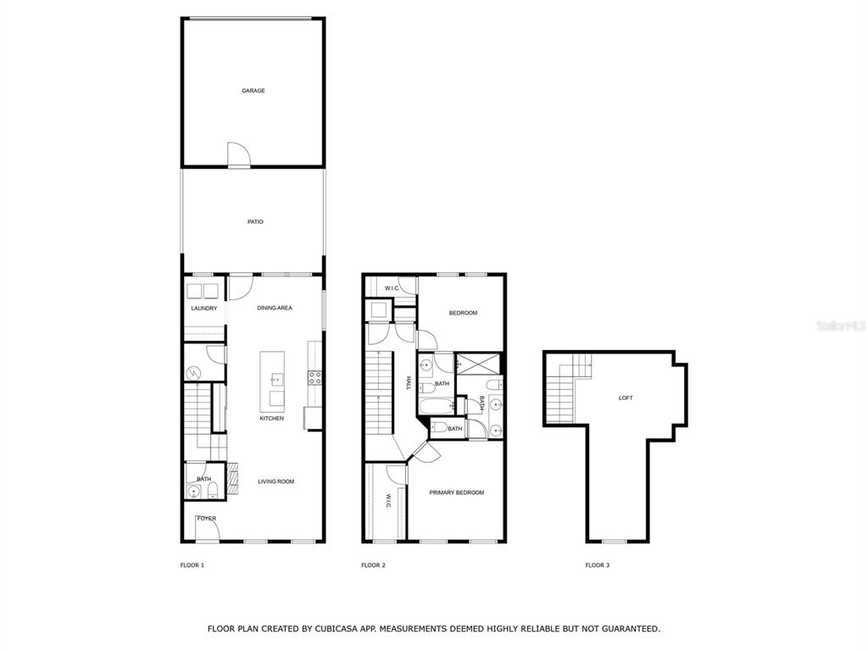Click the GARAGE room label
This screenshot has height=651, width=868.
point(253,91)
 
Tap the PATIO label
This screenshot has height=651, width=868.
point(255,222)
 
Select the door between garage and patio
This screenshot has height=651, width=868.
point(238,154)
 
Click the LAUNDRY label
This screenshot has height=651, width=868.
point(204,309)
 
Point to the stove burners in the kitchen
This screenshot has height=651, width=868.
point(315,378)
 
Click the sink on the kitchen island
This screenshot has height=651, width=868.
point(276,379)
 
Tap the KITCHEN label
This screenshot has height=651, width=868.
point(272,419)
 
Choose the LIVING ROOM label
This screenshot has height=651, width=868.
point(276,481)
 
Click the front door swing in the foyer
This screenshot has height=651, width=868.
point(209,527)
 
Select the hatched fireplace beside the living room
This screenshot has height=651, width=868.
point(233,478)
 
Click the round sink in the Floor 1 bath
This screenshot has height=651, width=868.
point(194,491)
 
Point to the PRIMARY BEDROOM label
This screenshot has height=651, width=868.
point(457,492)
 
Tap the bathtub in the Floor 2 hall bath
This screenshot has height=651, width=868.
point(437,407)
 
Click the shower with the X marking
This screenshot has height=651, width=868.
point(478,364)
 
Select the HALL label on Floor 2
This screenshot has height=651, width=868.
point(409,383)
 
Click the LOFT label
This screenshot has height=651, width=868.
point(626,398)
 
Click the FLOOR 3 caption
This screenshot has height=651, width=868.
point(598,565)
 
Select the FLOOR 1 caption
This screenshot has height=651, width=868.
point(192,565)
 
